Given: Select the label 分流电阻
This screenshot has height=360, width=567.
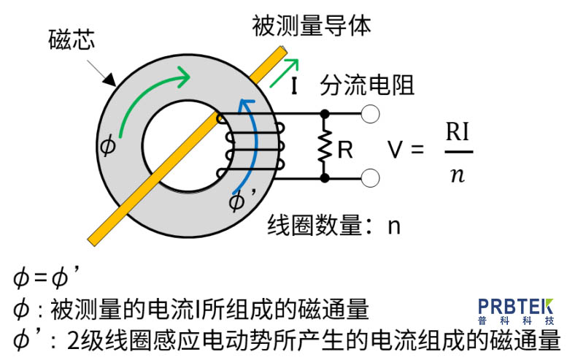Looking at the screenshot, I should [367, 85].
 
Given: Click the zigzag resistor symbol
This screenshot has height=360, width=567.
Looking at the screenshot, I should [324, 146].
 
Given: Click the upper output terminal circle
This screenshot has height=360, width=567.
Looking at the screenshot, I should [371, 114].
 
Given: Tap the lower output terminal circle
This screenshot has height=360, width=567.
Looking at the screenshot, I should [371, 177].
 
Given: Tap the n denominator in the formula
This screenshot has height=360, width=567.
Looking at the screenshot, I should [458, 175].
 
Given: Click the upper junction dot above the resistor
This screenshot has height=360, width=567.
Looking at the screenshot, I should [324, 114].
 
